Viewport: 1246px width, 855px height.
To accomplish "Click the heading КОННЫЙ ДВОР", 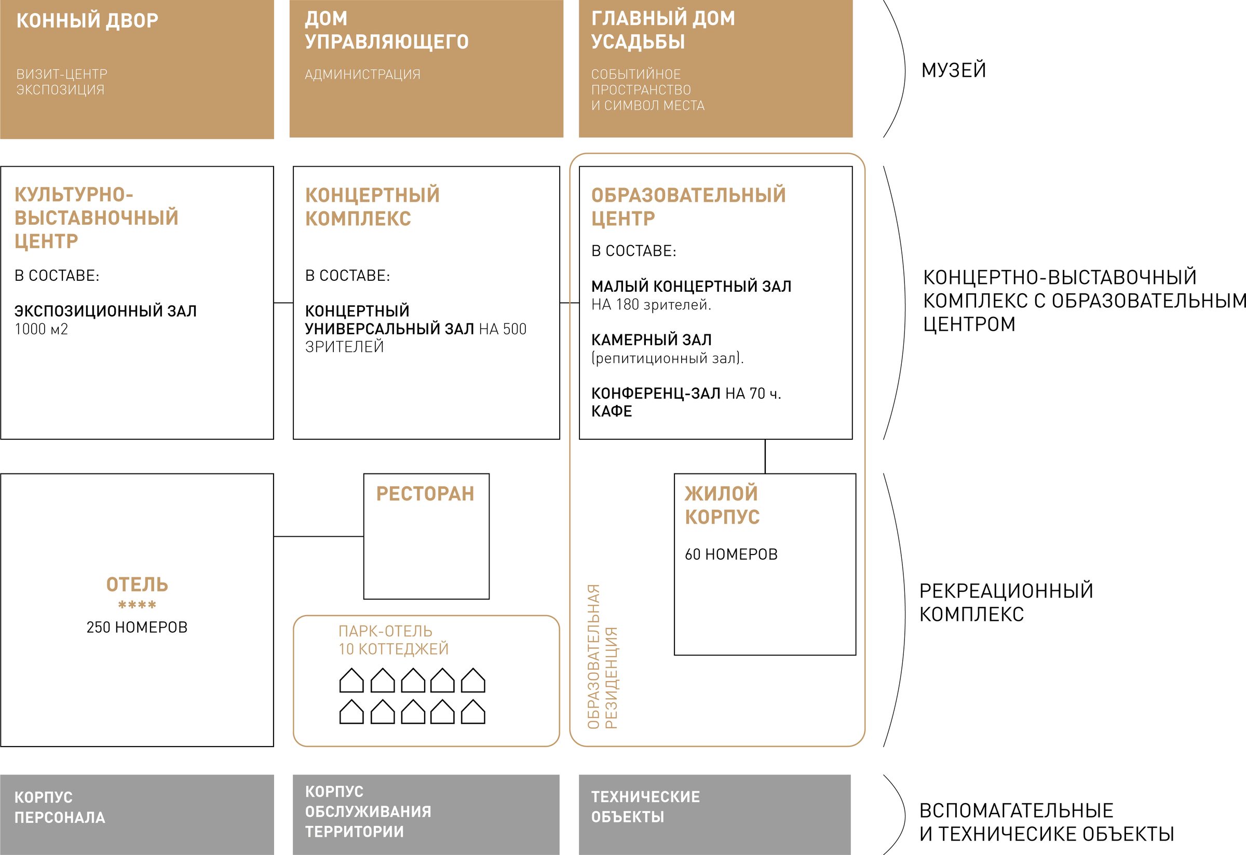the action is click(x=87, y=20).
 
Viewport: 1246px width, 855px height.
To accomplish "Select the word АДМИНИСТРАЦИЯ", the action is click(x=362, y=74).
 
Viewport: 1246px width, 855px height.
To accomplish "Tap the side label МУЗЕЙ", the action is click(x=954, y=70).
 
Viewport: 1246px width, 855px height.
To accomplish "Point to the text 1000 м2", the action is click(x=42, y=329).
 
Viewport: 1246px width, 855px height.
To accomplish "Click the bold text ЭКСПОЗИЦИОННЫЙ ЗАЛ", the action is click(x=105, y=311).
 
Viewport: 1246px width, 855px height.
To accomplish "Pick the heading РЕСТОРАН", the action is click(x=425, y=494).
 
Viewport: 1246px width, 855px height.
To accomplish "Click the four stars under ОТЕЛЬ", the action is click(x=137, y=605).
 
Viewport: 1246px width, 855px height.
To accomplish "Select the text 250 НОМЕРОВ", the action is click(x=137, y=627).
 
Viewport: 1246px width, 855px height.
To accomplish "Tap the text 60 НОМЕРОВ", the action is click(x=732, y=554).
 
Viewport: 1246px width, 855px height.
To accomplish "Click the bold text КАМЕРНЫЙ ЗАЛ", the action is click(x=652, y=340).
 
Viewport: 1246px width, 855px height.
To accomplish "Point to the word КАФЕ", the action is click(x=612, y=411).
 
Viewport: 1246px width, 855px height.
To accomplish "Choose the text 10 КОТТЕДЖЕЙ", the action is click(x=394, y=648).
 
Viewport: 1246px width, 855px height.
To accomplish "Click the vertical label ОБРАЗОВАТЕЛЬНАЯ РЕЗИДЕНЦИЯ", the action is click(x=603, y=657).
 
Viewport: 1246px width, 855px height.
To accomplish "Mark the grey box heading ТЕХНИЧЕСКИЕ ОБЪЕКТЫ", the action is click(x=645, y=807).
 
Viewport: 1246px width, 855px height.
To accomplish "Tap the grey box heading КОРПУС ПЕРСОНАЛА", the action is click(x=60, y=807).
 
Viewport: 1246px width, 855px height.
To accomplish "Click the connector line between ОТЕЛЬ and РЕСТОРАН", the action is click(x=318, y=536).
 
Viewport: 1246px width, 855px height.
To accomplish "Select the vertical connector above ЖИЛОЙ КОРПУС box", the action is click(x=765, y=456).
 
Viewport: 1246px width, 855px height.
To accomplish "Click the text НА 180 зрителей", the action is click(x=651, y=305).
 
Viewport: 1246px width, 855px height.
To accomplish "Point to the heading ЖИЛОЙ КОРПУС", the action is click(x=722, y=505).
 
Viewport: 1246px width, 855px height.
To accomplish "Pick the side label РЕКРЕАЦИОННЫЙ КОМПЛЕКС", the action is click(x=1006, y=602).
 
